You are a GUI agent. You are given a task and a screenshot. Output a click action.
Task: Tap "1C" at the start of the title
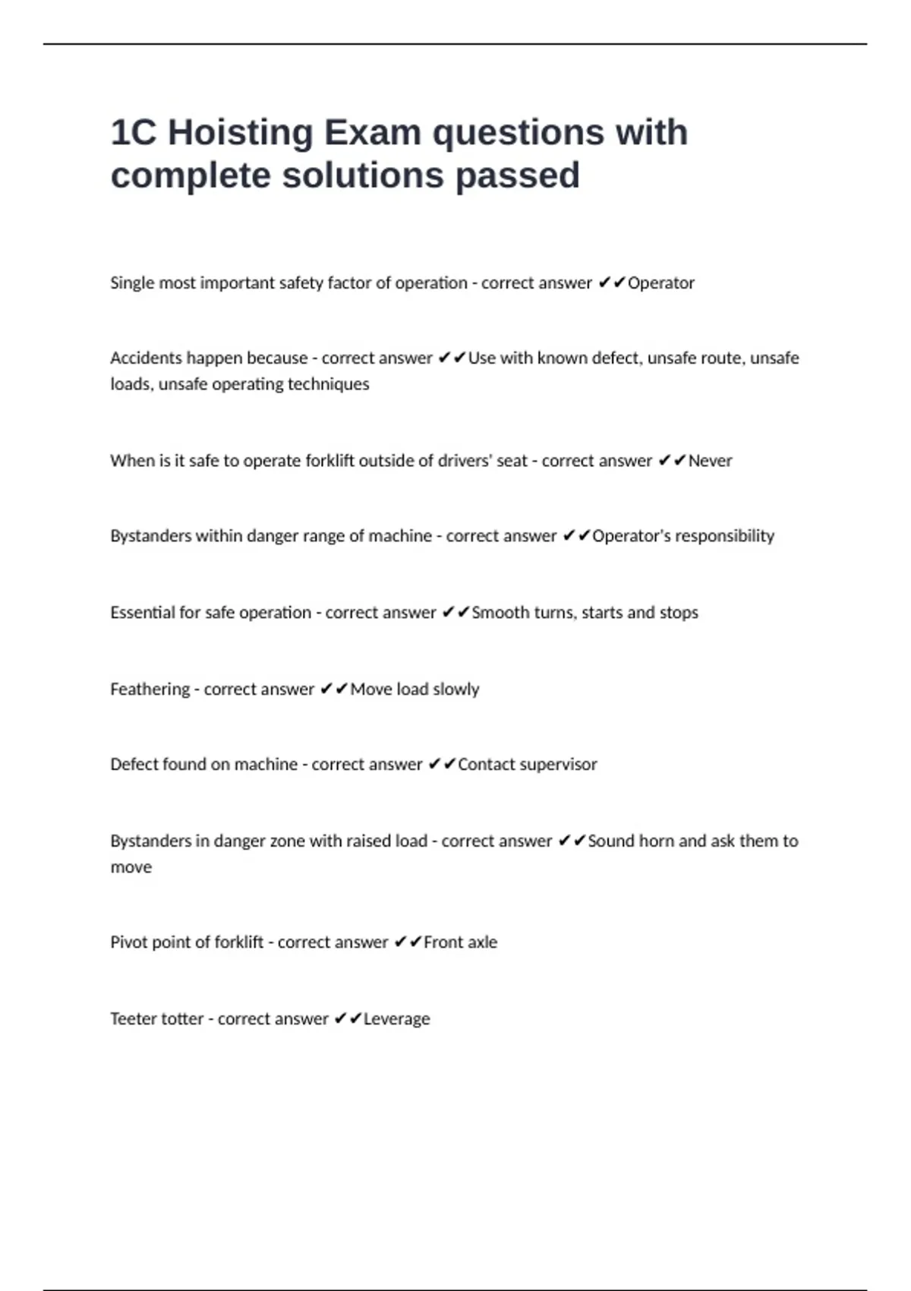coord(134,133)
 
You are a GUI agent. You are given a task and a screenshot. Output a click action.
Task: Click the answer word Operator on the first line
coord(660,283)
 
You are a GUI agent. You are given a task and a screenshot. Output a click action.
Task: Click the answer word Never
coord(710,461)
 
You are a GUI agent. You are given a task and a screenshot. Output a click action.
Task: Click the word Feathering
coord(150,690)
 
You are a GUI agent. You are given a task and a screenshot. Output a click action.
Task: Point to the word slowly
coord(455,690)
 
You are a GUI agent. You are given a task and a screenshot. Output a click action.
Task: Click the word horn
coord(657,841)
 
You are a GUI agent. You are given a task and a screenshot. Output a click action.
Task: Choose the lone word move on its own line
coord(131,867)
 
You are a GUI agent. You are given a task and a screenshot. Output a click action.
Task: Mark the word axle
coord(481,942)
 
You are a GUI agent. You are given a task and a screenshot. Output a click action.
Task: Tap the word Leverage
coord(396,1019)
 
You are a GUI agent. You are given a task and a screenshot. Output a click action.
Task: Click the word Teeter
coord(133,1019)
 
